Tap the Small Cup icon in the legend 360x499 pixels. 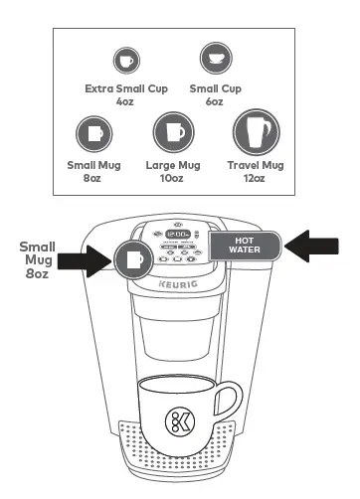coord(213,57)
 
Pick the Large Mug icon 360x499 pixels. coord(172,132)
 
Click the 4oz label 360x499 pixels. coord(125,101)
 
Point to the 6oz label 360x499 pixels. coord(213,101)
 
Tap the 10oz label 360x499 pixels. coord(172,178)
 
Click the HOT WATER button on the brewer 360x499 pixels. coord(246,245)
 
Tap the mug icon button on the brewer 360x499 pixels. coord(133,260)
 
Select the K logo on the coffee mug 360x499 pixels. coord(180,418)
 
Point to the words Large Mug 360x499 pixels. coord(172,165)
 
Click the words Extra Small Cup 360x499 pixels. coord(125,88)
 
